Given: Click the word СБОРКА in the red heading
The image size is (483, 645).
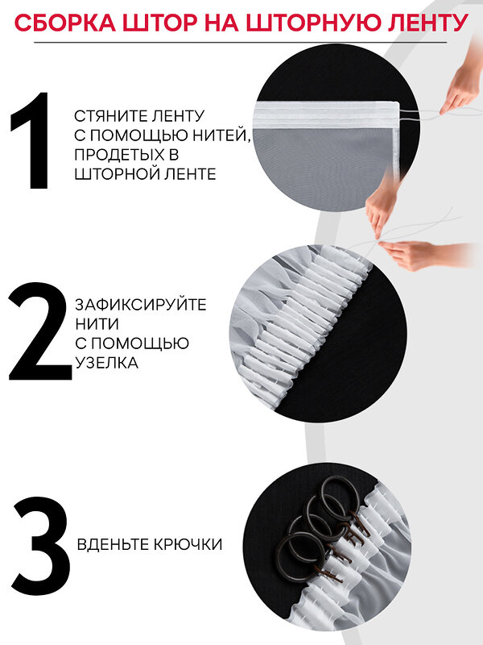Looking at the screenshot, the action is pos(65,23).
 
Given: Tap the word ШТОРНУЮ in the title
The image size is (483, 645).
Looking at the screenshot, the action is pos(312,23).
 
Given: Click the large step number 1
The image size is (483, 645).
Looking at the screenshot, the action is pos(31,141).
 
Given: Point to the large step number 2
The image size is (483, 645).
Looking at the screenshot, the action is pos(39,331).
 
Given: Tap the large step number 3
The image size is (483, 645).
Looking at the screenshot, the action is pos(42,546).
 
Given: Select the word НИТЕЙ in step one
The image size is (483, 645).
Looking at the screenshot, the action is pos(222,135).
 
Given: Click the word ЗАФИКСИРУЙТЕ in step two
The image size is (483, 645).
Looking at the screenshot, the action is pos(140,305).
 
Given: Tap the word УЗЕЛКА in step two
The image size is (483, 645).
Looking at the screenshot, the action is pos(106,363).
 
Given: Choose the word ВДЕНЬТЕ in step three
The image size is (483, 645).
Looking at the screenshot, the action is pos(113,544).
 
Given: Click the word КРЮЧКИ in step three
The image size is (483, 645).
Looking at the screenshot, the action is pos(188,544).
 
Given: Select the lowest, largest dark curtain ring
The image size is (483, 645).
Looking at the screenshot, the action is pos(301,556).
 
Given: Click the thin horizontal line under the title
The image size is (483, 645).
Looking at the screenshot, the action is pos(240,43).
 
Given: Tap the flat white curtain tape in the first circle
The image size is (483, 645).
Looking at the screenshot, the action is pos(327,115).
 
